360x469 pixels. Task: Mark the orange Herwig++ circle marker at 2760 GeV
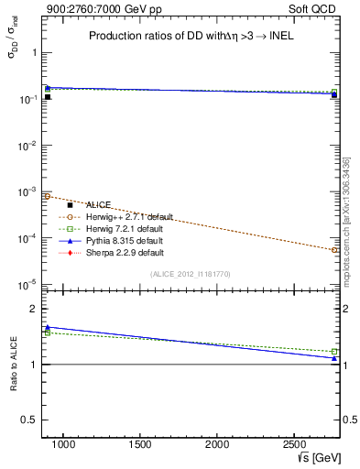tap(334, 249)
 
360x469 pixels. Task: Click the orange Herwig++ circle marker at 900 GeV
tap(47, 196)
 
